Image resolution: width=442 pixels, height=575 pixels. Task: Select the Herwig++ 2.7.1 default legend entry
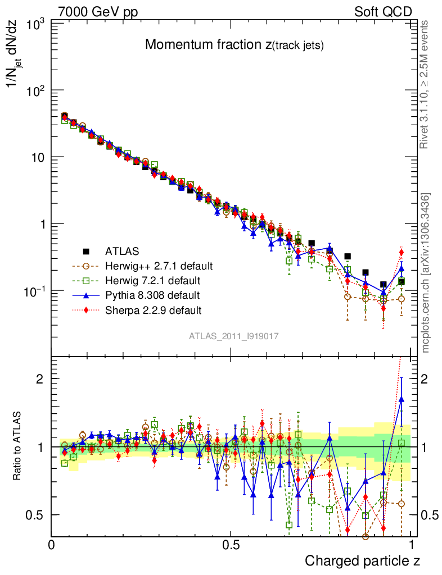159,266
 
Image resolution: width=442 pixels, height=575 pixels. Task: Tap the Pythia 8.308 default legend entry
152,295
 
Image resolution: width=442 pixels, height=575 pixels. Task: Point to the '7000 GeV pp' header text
98,12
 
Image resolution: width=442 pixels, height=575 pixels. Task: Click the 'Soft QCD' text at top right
383,12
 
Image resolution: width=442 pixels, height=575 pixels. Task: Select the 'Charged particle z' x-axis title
362,560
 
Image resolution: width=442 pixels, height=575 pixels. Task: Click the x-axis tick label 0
52,545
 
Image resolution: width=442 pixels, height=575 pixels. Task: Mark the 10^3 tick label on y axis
35,25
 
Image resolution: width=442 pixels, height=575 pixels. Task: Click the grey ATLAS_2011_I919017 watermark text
234,336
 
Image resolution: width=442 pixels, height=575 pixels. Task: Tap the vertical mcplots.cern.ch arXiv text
426,273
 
